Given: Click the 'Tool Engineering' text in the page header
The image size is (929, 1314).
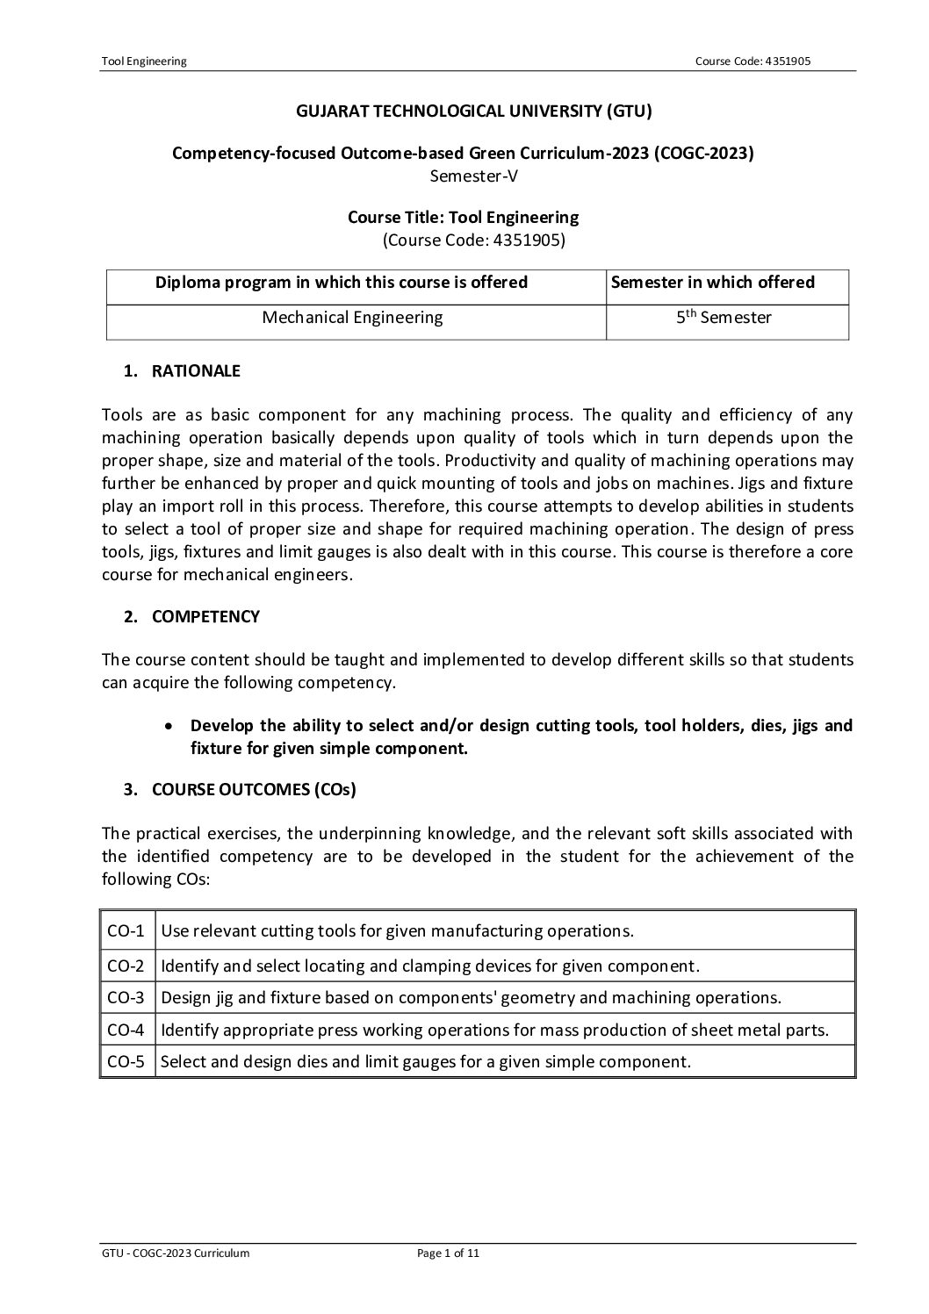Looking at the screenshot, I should pos(144,61).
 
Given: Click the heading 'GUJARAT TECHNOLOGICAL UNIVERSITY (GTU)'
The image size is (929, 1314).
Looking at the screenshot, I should pos(463,111).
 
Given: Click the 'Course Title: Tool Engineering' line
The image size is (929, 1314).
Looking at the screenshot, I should pos(463,217).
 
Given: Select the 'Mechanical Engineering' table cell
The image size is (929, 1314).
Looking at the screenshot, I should pos(352,318).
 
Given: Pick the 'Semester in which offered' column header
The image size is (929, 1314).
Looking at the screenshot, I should pos(712,283).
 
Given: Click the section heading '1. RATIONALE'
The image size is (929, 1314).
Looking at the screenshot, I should pos(182,370).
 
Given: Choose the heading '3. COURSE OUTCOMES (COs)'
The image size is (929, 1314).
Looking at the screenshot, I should pos(240,789).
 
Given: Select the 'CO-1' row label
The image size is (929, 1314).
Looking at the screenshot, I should pos(126,930).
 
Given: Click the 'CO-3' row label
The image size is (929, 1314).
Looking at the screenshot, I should pos(126,997).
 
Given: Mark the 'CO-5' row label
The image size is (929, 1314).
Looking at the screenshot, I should pos(126,1062).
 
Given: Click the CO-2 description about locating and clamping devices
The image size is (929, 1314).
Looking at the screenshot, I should pos(430,966).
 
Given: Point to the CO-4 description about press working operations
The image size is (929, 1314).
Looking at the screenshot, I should pos(495,1030).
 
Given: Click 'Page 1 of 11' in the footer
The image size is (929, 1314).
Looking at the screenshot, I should pos(448,1253).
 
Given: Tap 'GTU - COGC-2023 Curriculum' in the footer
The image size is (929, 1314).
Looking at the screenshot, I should pos(176,1253).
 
